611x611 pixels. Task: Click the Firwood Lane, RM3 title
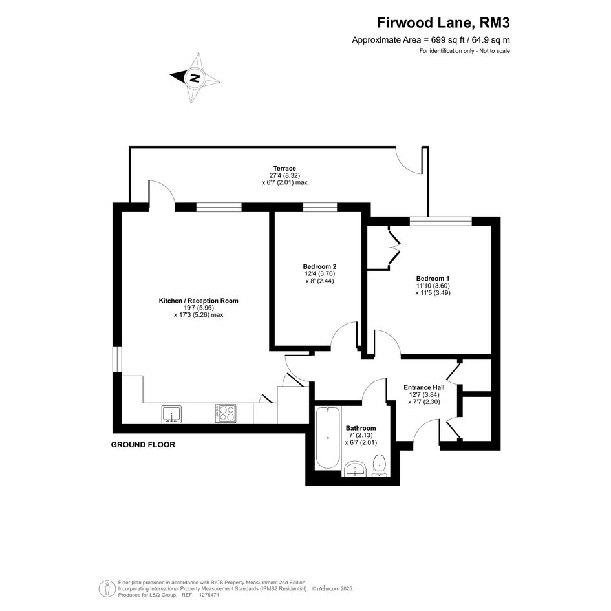pyautogui.click(x=444, y=23)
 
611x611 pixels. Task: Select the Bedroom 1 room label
pyautogui.click(x=433, y=279)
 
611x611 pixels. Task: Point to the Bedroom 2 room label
pyautogui.click(x=319, y=267)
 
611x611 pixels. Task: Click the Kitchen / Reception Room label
pyautogui.click(x=198, y=301)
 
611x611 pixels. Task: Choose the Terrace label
pyautogui.click(x=284, y=169)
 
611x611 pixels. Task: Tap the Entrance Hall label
pyautogui.click(x=424, y=387)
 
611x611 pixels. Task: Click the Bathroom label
pyautogui.click(x=361, y=428)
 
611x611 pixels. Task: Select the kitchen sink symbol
pyautogui.click(x=171, y=414)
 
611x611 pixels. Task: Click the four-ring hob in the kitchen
pyautogui.click(x=226, y=414)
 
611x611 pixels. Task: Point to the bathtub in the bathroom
pyautogui.click(x=327, y=438)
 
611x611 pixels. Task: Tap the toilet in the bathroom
pyautogui.click(x=379, y=466)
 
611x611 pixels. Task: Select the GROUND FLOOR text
pyautogui.click(x=143, y=445)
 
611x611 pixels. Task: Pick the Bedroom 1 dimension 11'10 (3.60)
pyautogui.click(x=433, y=286)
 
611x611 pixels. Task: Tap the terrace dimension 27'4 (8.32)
pyautogui.click(x=284, y=176)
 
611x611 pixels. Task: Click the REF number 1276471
pyautogui.click(x=209, y=595)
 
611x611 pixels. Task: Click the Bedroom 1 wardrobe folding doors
pyautogui.click(x=394, y=248)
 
